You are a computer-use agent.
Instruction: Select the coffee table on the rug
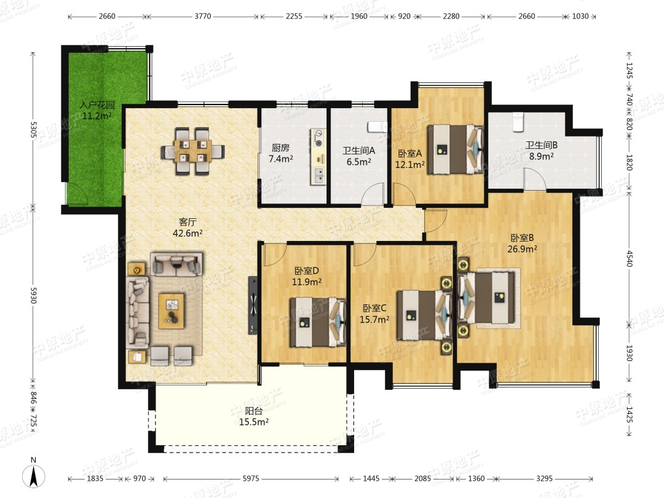click(172, 311)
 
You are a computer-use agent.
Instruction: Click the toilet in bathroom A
click(377, 127)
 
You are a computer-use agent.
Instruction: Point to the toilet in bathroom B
click(518, 122)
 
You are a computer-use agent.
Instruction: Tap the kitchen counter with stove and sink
click(318, 157)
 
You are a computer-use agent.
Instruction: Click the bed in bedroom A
click(455, 149)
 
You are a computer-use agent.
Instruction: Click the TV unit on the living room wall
click(253, 304)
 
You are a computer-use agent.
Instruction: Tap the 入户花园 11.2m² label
click(97, 110)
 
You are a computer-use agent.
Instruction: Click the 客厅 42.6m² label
click(188, 227)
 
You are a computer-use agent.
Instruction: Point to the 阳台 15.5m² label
click(254, 416)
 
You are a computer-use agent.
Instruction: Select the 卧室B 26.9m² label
click(522, 243)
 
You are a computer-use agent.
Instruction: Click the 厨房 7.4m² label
click(281, 153)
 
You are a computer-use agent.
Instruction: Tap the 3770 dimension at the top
click(203, 16)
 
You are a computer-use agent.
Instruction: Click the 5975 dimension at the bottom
click(251, 478)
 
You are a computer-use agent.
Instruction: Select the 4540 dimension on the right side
click(630, 258)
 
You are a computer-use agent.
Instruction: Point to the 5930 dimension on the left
click(33, 296)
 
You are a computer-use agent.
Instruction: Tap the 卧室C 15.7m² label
click(374, 314)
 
